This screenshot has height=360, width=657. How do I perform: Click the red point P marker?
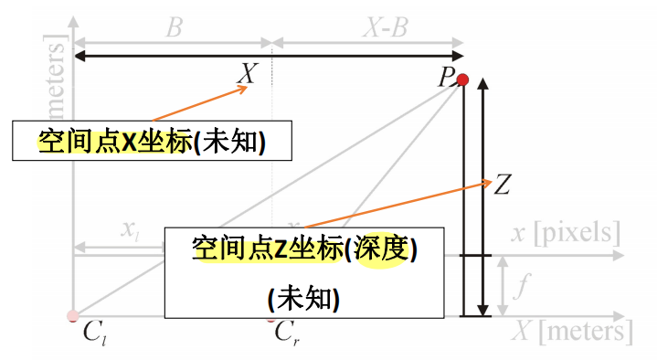click(462, 80)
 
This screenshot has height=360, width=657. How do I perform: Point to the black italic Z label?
click(502, 185)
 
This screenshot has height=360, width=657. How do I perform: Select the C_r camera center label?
click(286, 331)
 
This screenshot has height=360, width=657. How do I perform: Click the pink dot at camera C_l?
click(72, 316)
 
